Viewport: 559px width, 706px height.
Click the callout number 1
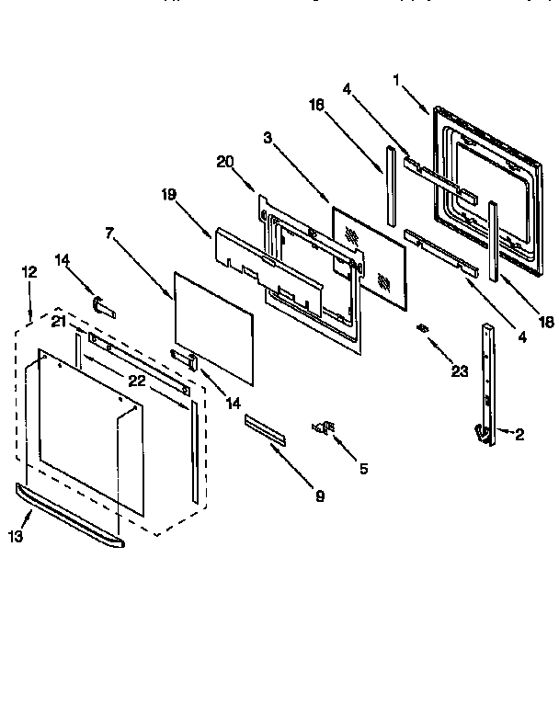(396, 80)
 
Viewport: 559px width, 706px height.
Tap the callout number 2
(519, 434)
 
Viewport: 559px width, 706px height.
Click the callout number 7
(109, 233)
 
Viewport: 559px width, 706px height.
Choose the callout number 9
(320, 497)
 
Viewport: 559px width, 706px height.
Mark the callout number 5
(363, 468)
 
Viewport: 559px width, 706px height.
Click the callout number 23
(460, 371)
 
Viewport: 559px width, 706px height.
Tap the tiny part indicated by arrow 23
(424, 328)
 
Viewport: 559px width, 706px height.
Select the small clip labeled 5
(324, 426)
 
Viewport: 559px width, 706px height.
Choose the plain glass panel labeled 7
(213, 326)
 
